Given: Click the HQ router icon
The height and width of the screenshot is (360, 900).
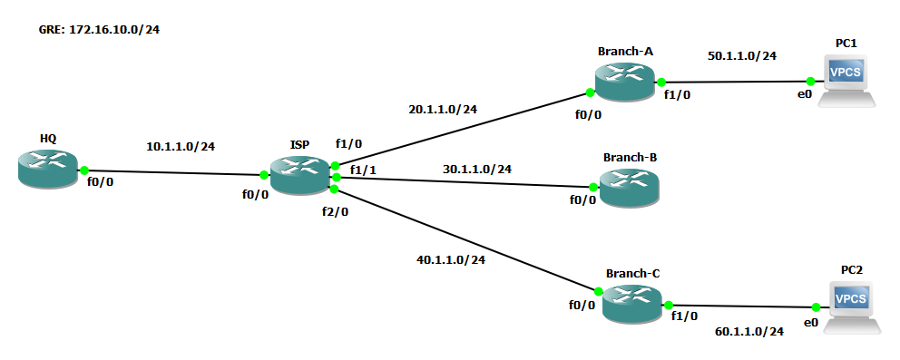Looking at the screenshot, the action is click(x=47, y=168).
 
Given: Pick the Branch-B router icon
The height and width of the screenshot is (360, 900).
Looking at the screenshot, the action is click(x=629, y=188).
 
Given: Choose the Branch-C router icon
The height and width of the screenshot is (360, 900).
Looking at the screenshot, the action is click(x=632, y=303).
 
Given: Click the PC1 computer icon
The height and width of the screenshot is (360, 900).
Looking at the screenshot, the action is click(x=847, y=82).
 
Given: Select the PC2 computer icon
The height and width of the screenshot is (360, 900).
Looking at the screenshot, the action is click(x=852, y=307).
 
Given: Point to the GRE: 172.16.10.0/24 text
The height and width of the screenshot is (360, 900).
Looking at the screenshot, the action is click(x=99, y=30).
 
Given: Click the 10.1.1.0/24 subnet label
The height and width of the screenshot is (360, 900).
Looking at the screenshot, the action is click(x=181, y=147).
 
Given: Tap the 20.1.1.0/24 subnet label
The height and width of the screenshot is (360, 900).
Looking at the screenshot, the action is click(x=443, y=109).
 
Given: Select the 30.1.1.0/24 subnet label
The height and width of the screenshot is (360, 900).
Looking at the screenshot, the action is click(x=477, y=170).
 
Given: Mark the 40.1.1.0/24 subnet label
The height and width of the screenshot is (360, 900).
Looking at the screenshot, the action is click(x=451, y=259).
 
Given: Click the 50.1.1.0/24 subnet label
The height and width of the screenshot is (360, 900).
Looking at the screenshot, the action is click(x=742, y=56).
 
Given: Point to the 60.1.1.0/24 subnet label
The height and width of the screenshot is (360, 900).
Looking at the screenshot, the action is click(x=749, y=331).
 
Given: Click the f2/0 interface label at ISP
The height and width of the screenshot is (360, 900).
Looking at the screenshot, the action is click(x=335, y=212).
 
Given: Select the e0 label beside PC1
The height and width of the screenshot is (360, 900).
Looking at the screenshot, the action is click(x=805, y=95).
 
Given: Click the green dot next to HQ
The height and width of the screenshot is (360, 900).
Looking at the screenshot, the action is click(x=84, y=170).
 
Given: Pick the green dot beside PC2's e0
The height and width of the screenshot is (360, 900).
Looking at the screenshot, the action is click(x=815, y=307).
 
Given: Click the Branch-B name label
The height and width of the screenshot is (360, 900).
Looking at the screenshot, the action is click(x=630, y=158).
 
